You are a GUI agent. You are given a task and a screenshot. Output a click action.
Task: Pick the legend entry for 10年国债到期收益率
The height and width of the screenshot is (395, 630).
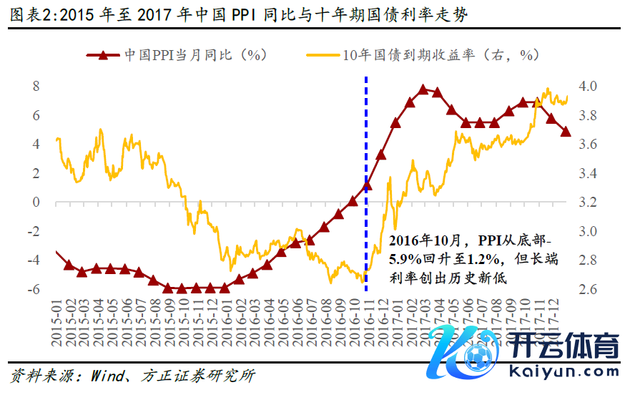(422, 55)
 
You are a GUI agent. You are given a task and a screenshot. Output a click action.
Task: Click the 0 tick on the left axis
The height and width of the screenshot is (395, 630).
(36, 203)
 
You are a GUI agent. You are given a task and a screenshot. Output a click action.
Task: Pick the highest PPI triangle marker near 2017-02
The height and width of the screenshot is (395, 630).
(423, 89)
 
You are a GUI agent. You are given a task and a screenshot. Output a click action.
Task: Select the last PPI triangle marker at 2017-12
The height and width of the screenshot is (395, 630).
(565, 132)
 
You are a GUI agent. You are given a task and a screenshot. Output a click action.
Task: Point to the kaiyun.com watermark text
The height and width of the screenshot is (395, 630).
(564, 371)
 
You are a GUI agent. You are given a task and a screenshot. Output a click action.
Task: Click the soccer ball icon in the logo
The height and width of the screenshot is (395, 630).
(477, 355)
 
